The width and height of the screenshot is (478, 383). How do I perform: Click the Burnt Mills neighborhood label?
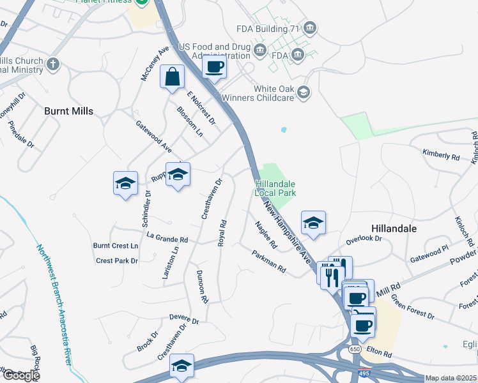[x=68, y=111]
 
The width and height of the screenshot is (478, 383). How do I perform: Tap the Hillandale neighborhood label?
[x=394, y=228]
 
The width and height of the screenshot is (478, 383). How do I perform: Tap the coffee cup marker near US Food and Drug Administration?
[x=215, y=66]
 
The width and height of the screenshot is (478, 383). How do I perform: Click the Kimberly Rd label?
[x=441, y=155]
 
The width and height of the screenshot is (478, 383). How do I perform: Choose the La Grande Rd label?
[x=167, y=239]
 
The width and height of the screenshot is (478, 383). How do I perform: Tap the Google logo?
[x=20, y=375]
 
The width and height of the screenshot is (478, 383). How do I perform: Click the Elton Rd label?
[x=378, y=351]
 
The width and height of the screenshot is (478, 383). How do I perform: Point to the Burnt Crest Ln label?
[x=116, y=245]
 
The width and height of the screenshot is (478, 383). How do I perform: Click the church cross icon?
[x=53, y=63]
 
